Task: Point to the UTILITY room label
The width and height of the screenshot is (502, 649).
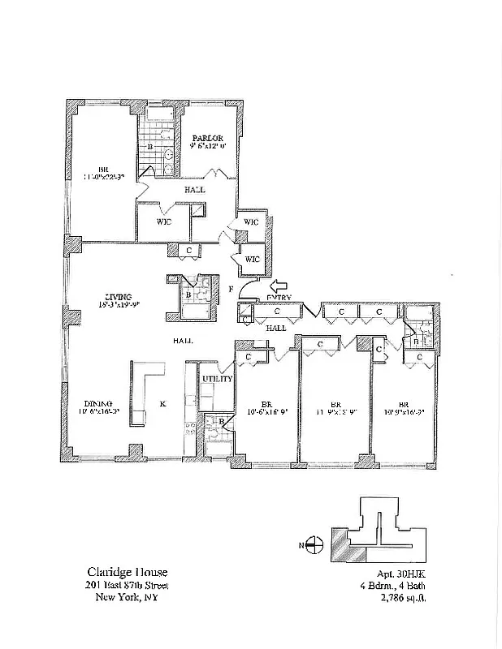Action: pyautogui.click(x=218, y=379)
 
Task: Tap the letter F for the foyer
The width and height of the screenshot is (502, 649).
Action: pyautogui.click(x=232, y=288)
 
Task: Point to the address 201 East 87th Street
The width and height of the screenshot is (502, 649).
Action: pyautogui.click(x=126, y=585)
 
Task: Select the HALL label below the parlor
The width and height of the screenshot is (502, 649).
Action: pyautogui.click(x=194, y=189)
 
